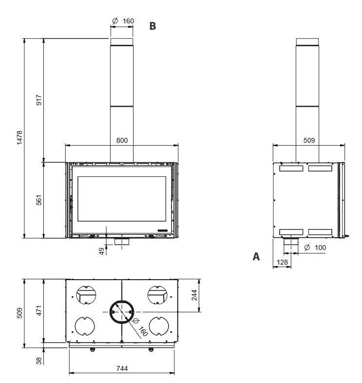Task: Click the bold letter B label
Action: click(x=152, y=26)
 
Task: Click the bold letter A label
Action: click(x=256, y=256)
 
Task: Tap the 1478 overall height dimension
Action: click(x=19, y=137)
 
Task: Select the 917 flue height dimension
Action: click(x=39, y=100)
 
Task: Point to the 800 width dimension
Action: click(x=122, y=140)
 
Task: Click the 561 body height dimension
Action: click(x=39, y=200)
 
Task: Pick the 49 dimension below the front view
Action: click(x=102, y=251)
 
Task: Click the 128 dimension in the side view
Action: click(x=282, y=262)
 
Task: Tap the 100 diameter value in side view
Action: click(x=320, y=248)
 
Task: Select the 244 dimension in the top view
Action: click(x=194, y=295)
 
